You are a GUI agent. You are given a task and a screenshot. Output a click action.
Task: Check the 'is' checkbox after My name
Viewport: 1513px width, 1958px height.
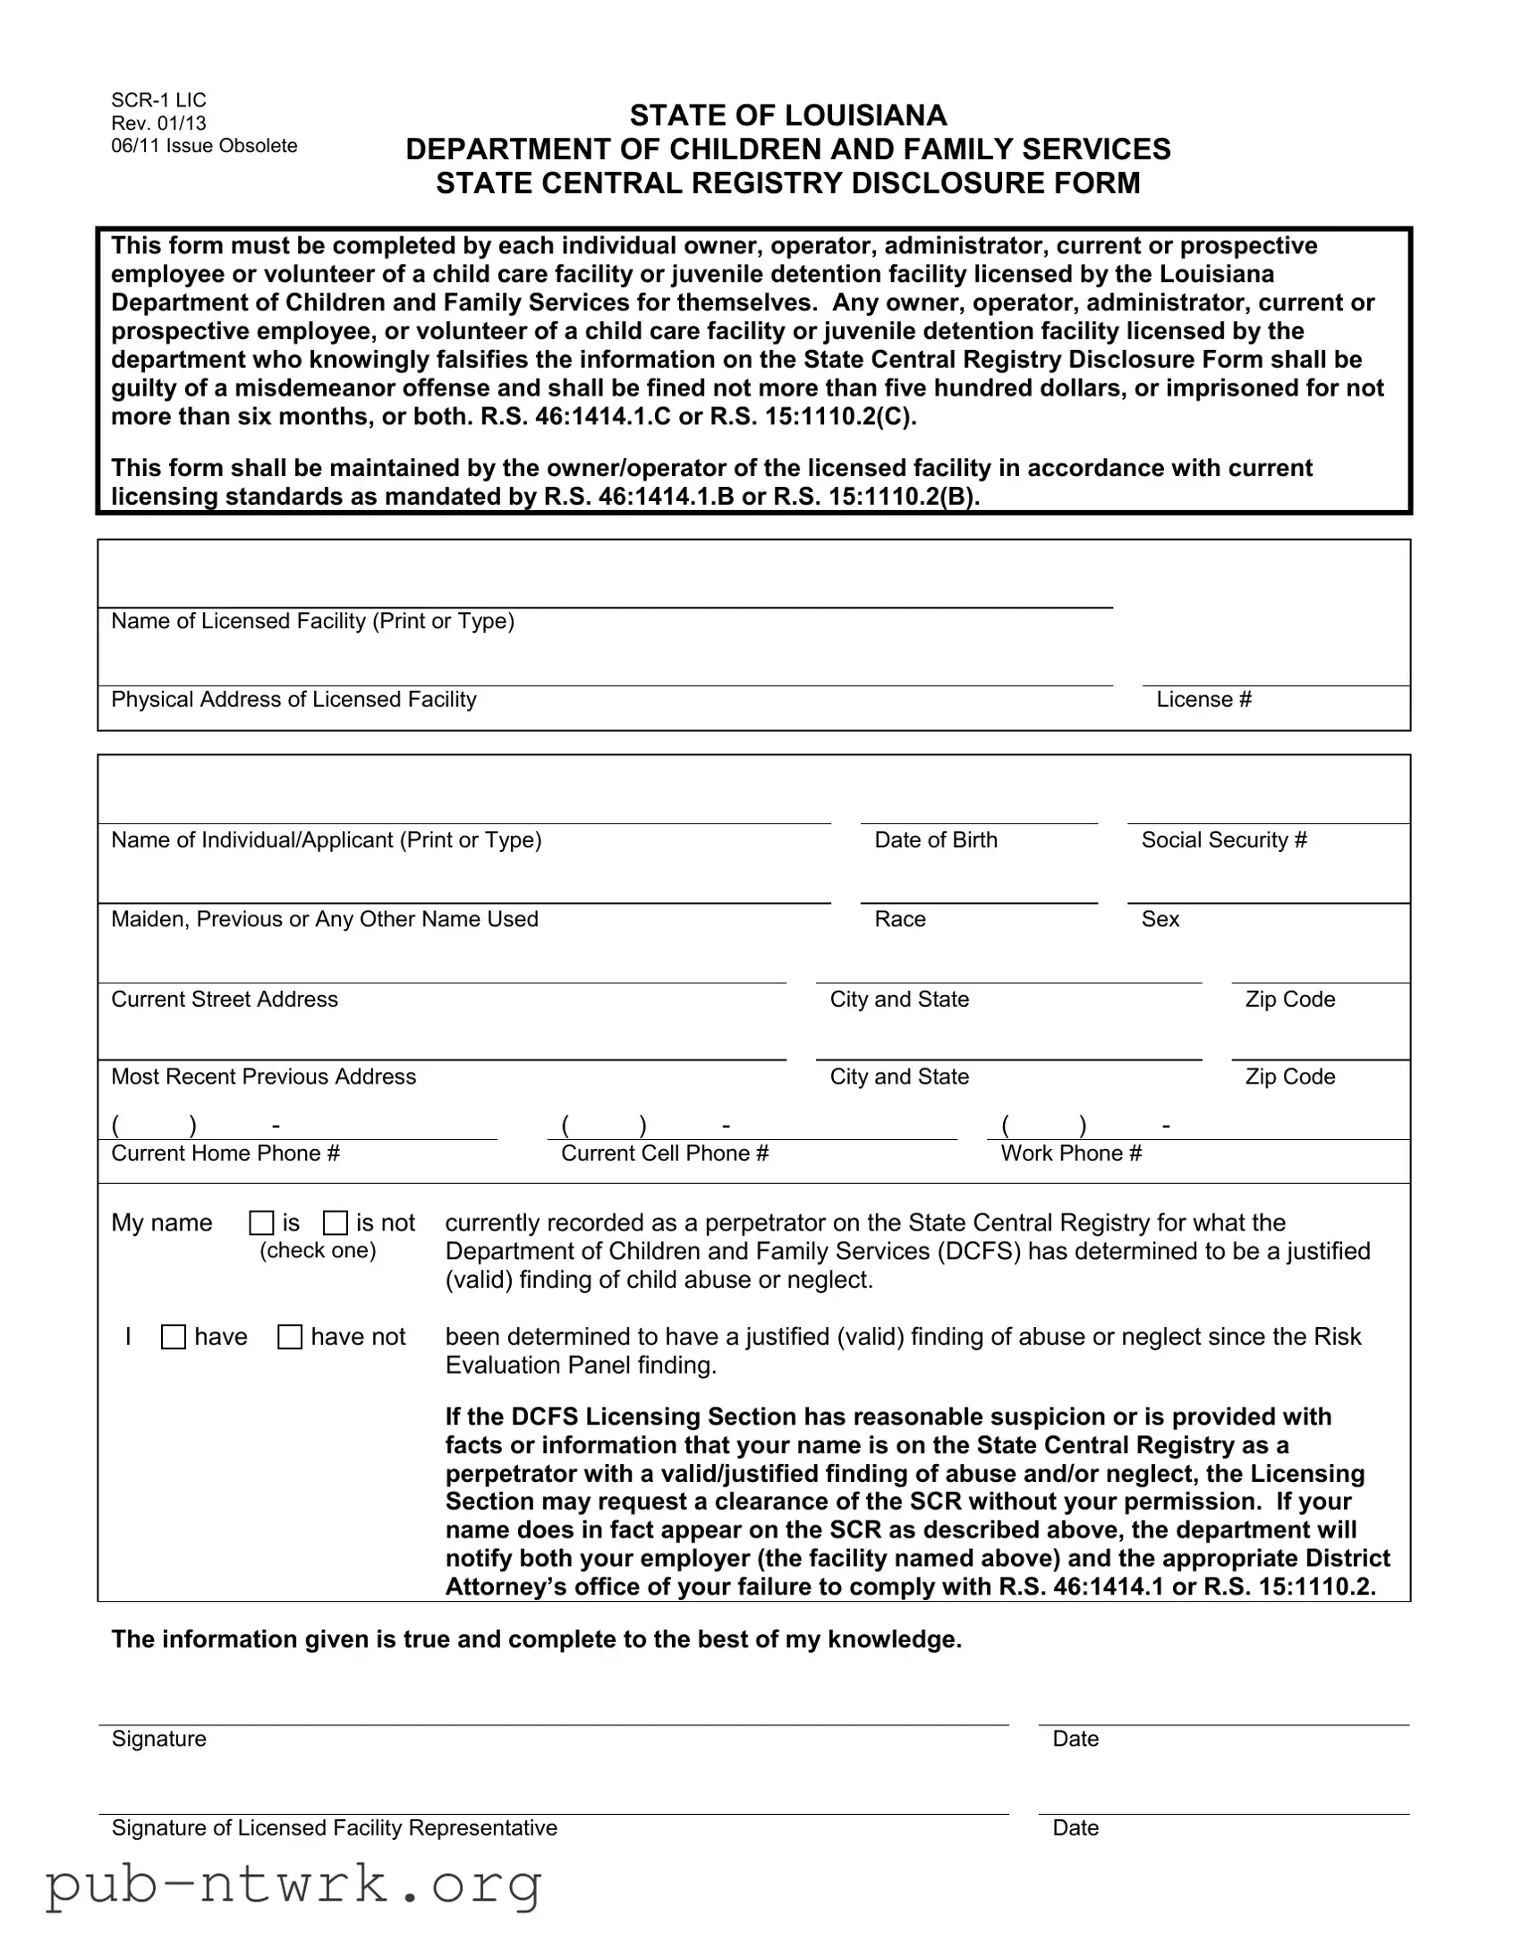pos(261,1222)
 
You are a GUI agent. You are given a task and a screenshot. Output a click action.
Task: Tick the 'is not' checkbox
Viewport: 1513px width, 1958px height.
pos(336,1222)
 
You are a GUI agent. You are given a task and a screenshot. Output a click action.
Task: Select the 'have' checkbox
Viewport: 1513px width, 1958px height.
pos(173,1337)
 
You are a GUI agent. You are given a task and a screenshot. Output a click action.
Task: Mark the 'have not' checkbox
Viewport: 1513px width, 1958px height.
pos(290,1337)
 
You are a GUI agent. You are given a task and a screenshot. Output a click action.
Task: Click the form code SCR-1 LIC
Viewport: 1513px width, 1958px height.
pos(158,99)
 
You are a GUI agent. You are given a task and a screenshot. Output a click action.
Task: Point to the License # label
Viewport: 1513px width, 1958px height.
pos(1203,699)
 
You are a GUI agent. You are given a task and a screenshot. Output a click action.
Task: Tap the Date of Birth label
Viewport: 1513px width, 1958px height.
pos(935,840)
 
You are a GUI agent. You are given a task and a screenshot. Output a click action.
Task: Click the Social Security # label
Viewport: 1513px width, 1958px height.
pos(1223,840)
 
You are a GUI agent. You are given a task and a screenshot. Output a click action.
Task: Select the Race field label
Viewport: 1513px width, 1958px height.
pos(899,919)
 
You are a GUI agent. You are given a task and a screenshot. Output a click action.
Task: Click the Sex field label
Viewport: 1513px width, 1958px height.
pos(1160,919)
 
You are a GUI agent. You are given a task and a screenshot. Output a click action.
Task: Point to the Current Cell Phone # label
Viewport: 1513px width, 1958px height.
pos(664,1153)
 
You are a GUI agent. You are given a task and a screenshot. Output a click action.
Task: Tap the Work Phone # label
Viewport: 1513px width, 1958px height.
pos(1071,1153)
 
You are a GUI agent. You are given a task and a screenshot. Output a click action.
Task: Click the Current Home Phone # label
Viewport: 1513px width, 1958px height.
pos(225,1153)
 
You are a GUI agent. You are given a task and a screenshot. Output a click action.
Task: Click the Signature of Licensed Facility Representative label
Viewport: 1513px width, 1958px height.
pos(334,1828)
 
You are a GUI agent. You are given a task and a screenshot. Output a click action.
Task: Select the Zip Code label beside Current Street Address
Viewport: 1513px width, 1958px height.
pos(1289,999)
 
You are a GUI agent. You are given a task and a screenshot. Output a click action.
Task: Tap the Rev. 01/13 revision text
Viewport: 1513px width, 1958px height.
pos(158,123)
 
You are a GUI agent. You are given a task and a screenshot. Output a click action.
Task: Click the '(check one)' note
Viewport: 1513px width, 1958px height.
pos(318,1251)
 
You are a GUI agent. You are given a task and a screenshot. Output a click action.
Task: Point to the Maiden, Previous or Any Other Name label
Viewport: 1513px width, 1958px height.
pos(325,919)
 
